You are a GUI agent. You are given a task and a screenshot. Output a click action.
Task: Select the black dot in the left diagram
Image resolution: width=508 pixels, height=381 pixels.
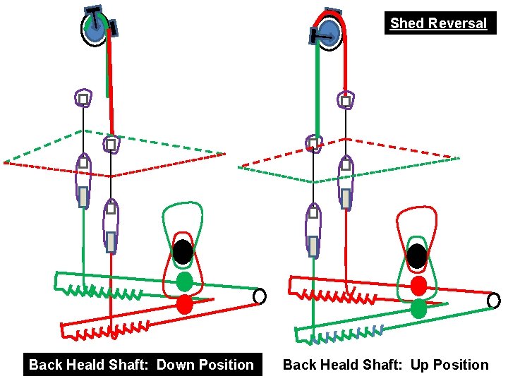pyautogui.click(x=183, y=250)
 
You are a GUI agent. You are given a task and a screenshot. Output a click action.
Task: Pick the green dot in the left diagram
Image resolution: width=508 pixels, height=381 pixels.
pyautogui.click(x=184, y=282)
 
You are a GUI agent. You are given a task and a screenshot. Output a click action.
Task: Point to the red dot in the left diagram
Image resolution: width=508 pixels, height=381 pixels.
pyautogui.click(x=184, y=304)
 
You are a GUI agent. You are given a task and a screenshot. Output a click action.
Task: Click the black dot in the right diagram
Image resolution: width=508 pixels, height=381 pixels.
pyautogui.click(x=418, y=255)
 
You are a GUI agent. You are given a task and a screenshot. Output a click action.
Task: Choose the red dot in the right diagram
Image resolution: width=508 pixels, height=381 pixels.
pyautogui.click(x=418, y=286)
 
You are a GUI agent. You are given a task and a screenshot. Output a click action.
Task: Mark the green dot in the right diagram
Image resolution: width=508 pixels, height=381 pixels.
pyautogui.click(x=418, y=308)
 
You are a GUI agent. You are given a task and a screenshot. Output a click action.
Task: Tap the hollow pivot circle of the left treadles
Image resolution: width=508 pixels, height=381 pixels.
pyautogui.click(x=260, y=296)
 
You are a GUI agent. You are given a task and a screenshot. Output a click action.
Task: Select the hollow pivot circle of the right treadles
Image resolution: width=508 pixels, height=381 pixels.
pyautogui.click(x=493, y=301)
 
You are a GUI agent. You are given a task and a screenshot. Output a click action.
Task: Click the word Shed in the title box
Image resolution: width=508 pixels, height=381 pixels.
pyautogui.click(x=406, y=23)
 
